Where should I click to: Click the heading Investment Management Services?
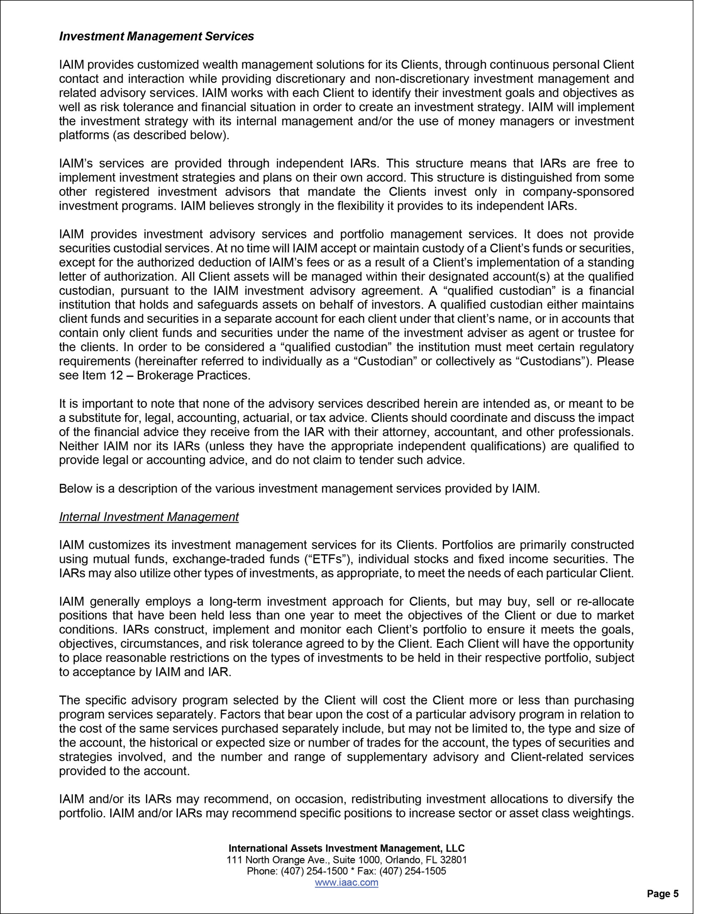point(156,36)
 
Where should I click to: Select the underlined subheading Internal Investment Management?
point(149,517)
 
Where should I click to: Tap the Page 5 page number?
point(663,894)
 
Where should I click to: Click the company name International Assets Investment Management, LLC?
point(346,848)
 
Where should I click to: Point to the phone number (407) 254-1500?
point(314,871)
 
